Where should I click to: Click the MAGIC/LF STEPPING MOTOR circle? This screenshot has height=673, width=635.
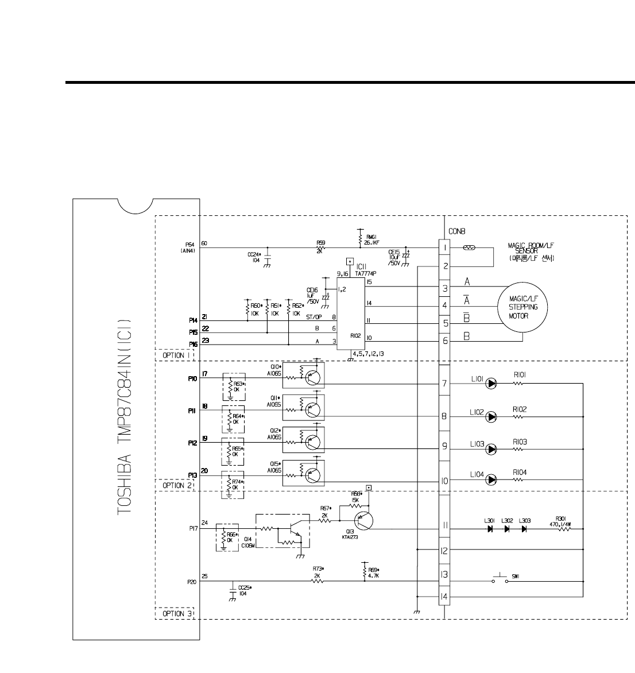523,307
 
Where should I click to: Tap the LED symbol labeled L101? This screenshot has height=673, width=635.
490,384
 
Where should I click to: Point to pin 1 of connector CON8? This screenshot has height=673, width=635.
445,249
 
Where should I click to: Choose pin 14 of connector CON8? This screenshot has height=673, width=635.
445,597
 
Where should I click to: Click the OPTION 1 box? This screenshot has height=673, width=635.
175,355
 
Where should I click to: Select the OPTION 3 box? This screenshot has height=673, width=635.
175,613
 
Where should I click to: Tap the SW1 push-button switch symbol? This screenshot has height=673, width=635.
500,579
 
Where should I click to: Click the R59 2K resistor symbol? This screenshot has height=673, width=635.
321,248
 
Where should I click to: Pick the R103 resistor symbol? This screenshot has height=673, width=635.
520,448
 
